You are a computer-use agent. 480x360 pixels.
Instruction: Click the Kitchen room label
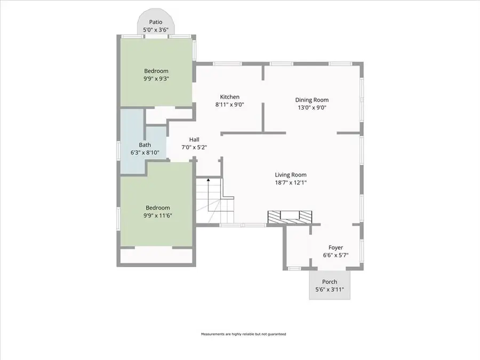[x=229, y=97]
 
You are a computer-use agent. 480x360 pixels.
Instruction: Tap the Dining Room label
[x=312, y=100]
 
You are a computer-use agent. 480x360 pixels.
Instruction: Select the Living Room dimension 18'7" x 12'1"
[x=291, y=183]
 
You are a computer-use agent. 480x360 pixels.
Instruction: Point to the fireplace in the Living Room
[x=290, y=217]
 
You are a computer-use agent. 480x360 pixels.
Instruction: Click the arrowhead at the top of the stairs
[x=209, y=180]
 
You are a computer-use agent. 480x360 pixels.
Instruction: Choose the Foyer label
[x=336, y=247]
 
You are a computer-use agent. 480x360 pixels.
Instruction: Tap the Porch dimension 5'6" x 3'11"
[x=330, y=289]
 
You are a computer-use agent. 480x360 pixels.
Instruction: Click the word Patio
[x=156, y=22]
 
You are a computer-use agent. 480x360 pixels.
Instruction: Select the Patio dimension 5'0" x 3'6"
[x=156, y=30]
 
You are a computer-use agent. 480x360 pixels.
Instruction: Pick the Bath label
[x=145, y=145]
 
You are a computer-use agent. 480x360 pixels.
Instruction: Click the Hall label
[x=194, y=140]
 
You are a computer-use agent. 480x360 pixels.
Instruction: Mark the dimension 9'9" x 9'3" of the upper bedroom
[x=156, y=79]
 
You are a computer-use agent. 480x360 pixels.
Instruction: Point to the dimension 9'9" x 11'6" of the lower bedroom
[x=158, y=215]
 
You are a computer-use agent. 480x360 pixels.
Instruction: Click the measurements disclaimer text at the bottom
[x=243, y=334]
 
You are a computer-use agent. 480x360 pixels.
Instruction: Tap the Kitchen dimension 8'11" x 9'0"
[x=229, y=105]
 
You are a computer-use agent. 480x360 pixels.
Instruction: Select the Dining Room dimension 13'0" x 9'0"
[x=312, y=108]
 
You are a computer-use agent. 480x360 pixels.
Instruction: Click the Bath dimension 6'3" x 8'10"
[x=145, y=153]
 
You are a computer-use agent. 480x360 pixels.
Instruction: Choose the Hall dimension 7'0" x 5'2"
[x=194, y=148]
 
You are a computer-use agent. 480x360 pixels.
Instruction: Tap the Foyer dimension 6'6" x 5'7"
[x=336, y=255]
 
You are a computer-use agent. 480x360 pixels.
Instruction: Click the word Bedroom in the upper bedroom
[x=156, y=71]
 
